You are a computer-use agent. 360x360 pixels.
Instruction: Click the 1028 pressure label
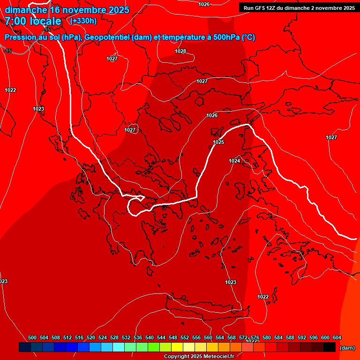pos(180,51)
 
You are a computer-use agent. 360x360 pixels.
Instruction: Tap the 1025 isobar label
pos(218,142)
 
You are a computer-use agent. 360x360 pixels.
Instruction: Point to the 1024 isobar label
pos(234,161)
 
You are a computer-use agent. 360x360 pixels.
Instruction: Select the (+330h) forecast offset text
pos(83,21)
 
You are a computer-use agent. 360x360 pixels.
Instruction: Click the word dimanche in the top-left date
pos(26,10)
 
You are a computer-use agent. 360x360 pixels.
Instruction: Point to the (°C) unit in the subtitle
pos(248,37)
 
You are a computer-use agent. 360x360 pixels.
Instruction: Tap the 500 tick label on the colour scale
pos(32,337)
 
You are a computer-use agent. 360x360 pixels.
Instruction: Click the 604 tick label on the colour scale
pos(337,337)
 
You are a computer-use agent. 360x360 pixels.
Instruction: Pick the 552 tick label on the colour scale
pos(185,337)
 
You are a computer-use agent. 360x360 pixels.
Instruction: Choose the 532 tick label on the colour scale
pos(126,337)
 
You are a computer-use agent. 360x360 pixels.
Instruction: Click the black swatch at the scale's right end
pos(329,347)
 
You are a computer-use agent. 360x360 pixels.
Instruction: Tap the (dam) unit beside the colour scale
pos(347,348)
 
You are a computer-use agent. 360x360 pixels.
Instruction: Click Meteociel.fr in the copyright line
pos(217,357)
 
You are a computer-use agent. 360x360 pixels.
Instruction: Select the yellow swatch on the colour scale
pos(177,347)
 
